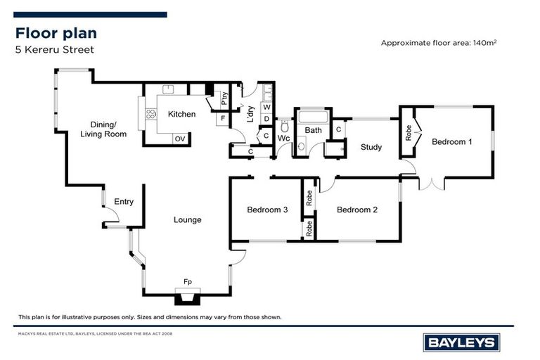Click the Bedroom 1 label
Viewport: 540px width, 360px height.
tap(452, 141)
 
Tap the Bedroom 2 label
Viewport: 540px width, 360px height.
tap(357, 210)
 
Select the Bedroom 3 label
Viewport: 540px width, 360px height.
tap(267, 210)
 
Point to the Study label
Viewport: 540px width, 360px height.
tap(371, 147)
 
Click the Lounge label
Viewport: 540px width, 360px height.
tap(187, 220)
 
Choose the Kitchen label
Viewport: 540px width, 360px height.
tap(181, 114)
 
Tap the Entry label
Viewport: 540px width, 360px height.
tap(124, 202)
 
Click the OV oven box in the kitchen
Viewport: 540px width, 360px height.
tap(180, 139)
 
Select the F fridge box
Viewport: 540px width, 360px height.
tap(223, 119)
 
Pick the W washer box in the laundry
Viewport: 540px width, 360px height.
tap(267, 108)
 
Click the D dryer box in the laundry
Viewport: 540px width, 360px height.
tap(267, 119)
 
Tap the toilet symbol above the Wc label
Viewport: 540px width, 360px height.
tap(285, 127)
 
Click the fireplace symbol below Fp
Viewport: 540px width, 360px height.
tap(187, 297)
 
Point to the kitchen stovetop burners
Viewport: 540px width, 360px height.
tap(151, 114)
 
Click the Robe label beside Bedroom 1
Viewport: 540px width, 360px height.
tap(409, 133)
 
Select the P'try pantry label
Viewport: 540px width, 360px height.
tap(224, 98)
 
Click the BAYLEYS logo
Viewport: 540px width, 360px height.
tap(461, 342)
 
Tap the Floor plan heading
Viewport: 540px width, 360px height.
tap(56, 33)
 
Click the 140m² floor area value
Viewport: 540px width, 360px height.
tap(484, 43)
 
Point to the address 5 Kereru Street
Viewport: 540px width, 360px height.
tap(55, 50)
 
